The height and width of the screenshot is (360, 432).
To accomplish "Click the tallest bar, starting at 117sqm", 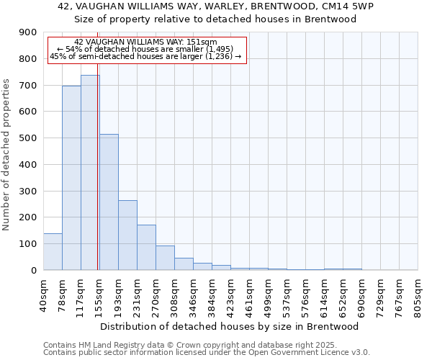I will click(x=90, y=173).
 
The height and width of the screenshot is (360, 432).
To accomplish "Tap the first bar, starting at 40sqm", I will click(x=53, y=252).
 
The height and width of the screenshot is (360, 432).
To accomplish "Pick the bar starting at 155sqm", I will click(x=109, y=202).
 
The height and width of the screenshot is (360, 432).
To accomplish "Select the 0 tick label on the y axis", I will click(x=33, y=271).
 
